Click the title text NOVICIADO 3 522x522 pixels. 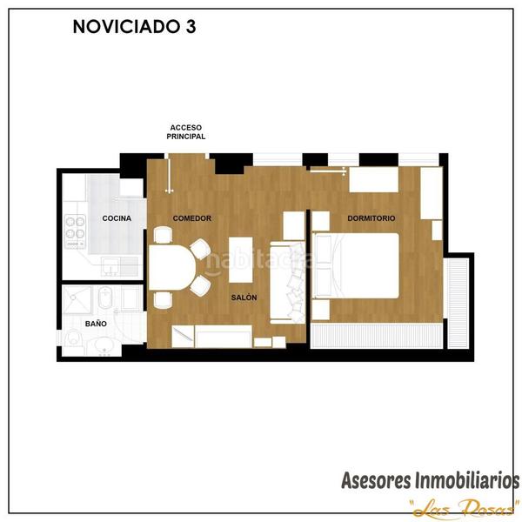[x=134, y=27]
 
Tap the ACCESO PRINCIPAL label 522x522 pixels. [x=186, y=131]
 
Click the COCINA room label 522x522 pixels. [x=117, y=218]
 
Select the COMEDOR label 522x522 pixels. [x=192, y=218]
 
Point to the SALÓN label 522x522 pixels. [x=244, y=298]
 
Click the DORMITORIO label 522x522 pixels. [x=371, y=218]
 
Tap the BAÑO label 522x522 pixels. [x=96, y=324]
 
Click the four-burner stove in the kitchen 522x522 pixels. [x=75, y=228]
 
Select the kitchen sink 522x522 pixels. [x=111, y=264]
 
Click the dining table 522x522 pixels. [x=172, y=270]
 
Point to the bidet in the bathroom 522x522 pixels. [x=128, y=298]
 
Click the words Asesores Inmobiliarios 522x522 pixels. [x=430, y=480]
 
